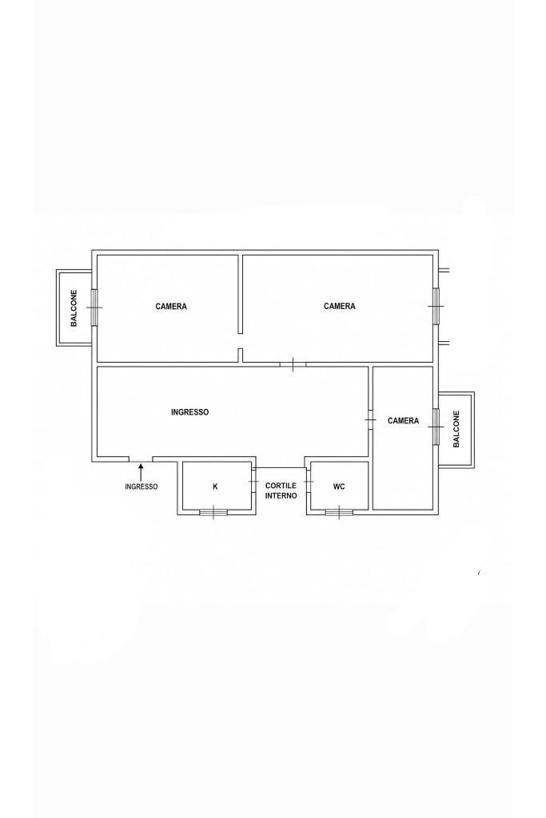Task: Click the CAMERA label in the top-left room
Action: point(171,306)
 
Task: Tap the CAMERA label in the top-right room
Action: point(339,306)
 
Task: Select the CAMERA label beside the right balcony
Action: point(403,420)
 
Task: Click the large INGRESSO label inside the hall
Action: point(190,412)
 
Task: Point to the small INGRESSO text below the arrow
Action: point(141,486)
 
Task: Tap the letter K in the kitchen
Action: point(215,486)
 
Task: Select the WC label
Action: point(339,486)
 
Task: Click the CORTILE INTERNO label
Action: point(281,490)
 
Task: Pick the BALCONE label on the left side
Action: point(74,308)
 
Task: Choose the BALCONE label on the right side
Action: point(456,429)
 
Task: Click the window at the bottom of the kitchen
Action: point(213,512)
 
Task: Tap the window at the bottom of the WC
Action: point(339,512)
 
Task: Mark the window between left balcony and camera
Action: point(94,308)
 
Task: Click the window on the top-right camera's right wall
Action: point(436,306)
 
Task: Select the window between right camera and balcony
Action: point(436,427)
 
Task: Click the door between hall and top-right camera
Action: point(293,364)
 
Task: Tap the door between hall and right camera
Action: point(371,420)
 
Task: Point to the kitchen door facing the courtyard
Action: point(253,480)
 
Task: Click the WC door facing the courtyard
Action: point(309,480)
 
